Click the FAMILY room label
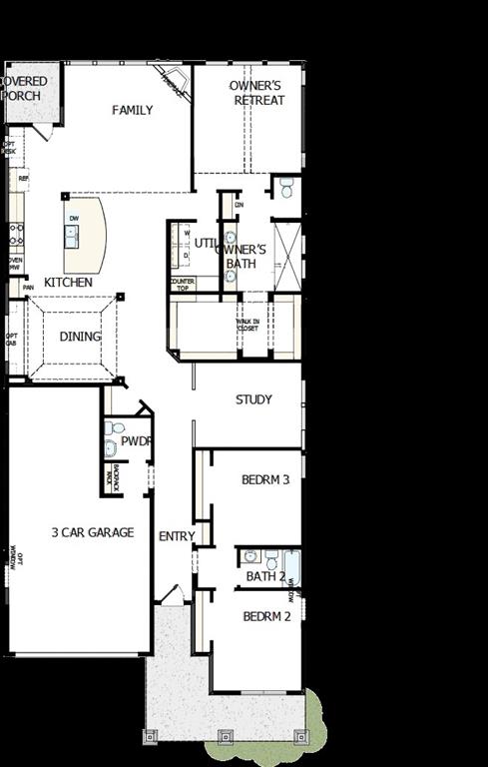pos(132,110)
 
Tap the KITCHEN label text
pos(68,283)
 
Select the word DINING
pos(80,337)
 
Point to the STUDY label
pos(253,399)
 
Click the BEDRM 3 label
pos(265,479)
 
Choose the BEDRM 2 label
pos(266,616)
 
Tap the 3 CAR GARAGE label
pos(93,532)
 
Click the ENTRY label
pos(177,536)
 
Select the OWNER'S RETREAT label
pos(255,93)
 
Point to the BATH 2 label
pos(265,576)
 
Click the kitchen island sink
pos(73,236)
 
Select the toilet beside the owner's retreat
pos(285,187)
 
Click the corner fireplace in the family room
pos(172,83)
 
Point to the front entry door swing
pos(171,595)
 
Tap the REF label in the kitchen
pos(23,178)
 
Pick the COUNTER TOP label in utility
pos(183,285)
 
